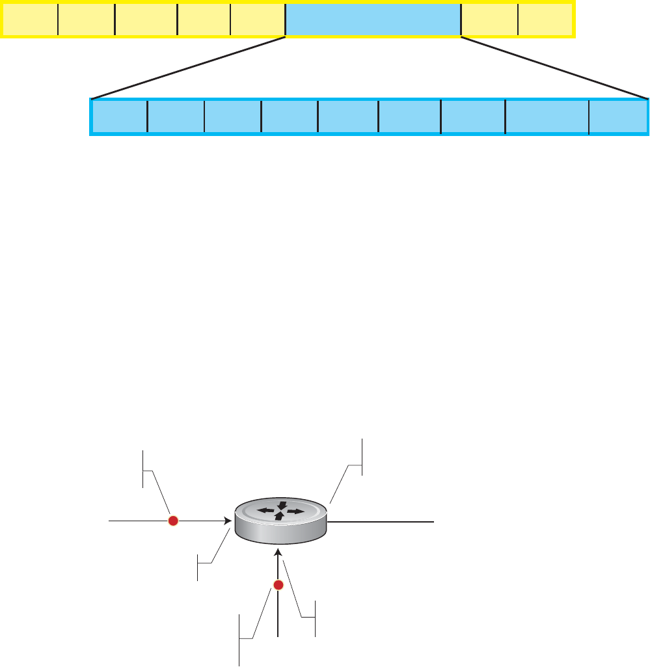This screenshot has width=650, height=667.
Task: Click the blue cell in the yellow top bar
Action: click(373, 20)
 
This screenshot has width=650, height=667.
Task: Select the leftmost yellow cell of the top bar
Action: click(31, 20)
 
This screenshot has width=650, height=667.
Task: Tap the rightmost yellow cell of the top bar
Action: click(545, 20)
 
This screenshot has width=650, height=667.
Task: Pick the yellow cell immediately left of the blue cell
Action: click(258, 20)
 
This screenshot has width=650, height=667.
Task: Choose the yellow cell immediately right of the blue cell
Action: click(489, 20)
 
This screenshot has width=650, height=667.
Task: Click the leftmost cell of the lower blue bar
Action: click(120, 117)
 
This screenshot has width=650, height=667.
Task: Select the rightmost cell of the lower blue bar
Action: click(617, 117)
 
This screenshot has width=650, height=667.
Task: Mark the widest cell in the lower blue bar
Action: click(547, 117)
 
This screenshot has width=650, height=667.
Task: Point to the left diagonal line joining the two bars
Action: click(189, 68)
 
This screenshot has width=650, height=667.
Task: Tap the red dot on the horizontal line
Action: click(173, 521)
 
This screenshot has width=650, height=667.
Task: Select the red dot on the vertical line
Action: click(278, 586)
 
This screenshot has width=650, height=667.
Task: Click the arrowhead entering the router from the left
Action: click(228, 521)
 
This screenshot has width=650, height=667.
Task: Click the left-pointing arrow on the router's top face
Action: click(265, 511)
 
